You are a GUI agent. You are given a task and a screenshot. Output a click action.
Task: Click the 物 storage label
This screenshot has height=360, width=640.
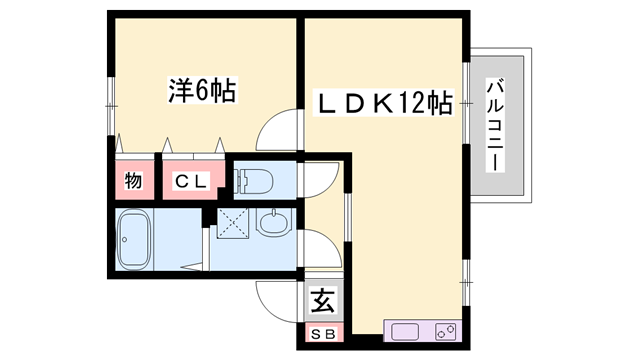(x=132, y=181)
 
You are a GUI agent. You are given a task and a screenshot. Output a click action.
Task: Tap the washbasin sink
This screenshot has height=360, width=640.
(x=271, y=222)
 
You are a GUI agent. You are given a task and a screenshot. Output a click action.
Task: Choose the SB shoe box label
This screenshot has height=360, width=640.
(x=323, y=332)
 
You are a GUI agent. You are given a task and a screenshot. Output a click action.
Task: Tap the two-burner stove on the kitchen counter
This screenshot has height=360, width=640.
(x=444, y=330)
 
